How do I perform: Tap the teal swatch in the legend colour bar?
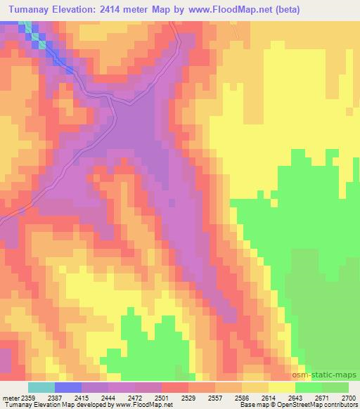tap(41, 387)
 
